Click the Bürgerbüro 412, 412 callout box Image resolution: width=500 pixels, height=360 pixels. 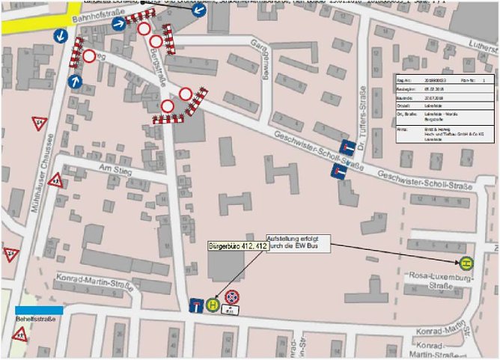(238, 245)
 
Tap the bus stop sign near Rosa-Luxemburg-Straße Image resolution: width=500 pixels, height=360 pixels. (466, 263)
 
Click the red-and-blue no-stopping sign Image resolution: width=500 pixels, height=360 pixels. (232, 297)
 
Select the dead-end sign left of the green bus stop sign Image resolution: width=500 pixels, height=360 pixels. (196, 304)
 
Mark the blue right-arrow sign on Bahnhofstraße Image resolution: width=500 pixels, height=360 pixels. (118, 24)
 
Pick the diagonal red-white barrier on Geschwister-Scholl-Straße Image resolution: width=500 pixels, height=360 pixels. (197, 102)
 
